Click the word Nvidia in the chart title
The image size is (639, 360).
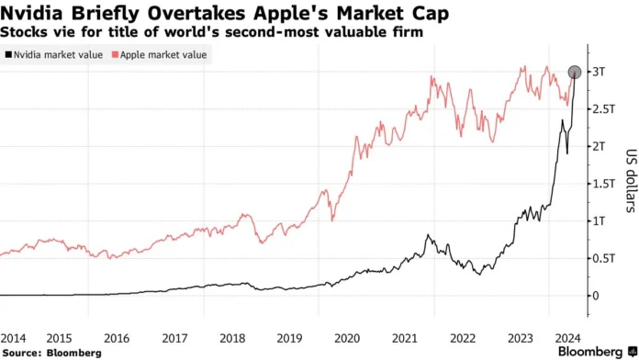pos(30,13)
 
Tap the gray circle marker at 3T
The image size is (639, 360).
pos(576,72)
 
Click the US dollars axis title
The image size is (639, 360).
pos(631,184)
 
